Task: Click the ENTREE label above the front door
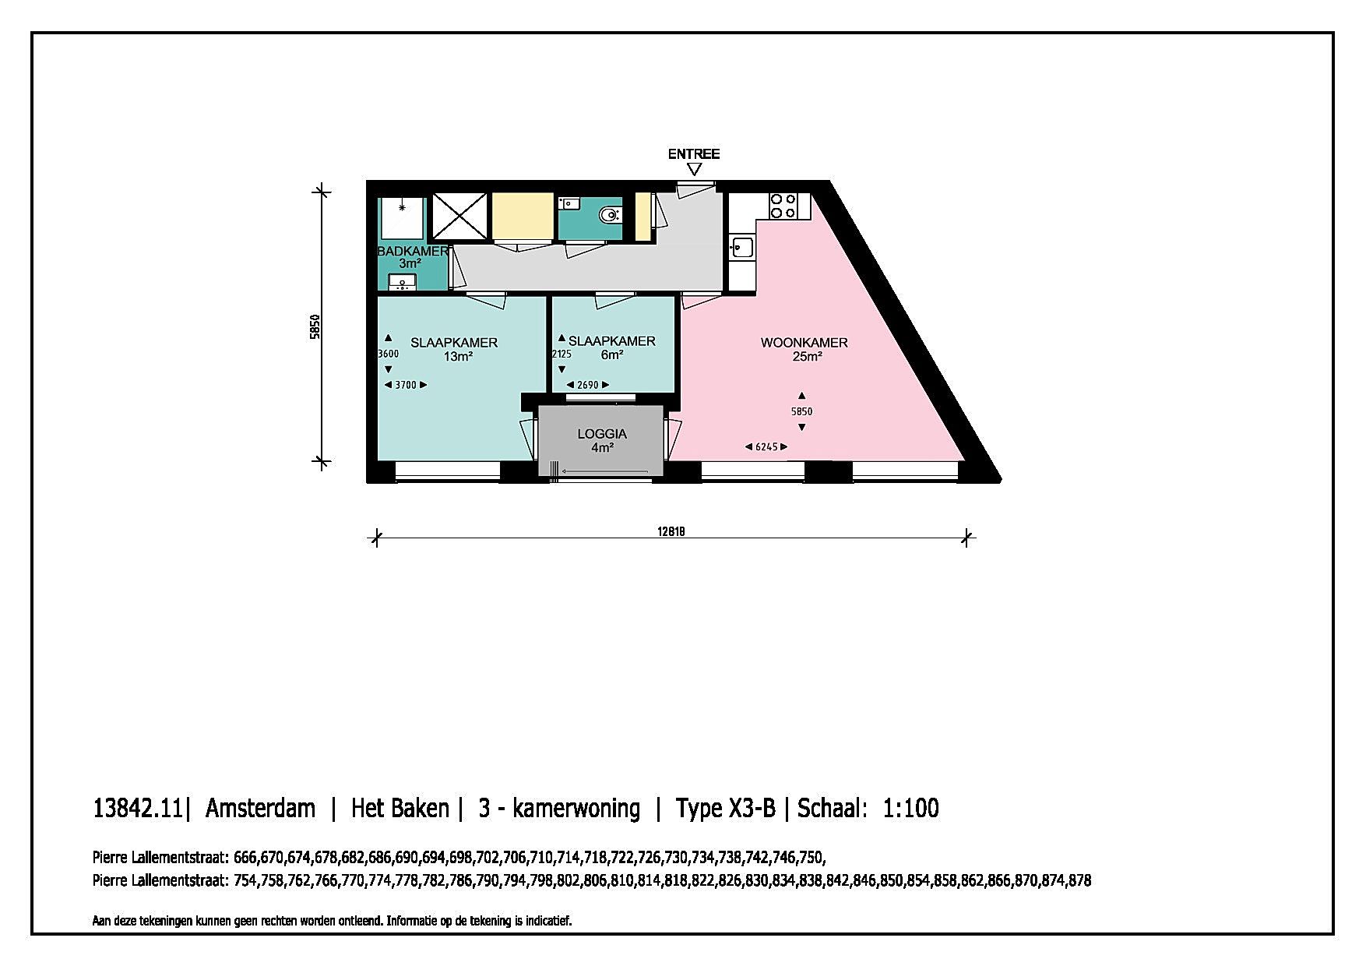coord(694,153)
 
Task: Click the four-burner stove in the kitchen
coord(783,206)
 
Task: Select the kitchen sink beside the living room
coord(741,248)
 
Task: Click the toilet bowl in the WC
coord(610,213)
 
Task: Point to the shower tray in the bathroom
coord(402,218)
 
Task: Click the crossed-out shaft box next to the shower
coord(459,216)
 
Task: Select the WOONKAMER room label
coord(804,343)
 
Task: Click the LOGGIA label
coord(602,434)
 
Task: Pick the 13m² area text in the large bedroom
coord(458,357)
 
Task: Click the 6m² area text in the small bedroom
coord(611,355)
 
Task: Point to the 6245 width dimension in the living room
coord(766,447)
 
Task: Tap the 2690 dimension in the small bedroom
coord(587,385)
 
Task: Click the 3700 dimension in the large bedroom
coord(406,385)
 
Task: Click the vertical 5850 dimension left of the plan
coord(315,327)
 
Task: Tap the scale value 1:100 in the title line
coord(910,808)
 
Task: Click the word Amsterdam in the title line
coord(260,808)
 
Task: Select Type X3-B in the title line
coord(725,809)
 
